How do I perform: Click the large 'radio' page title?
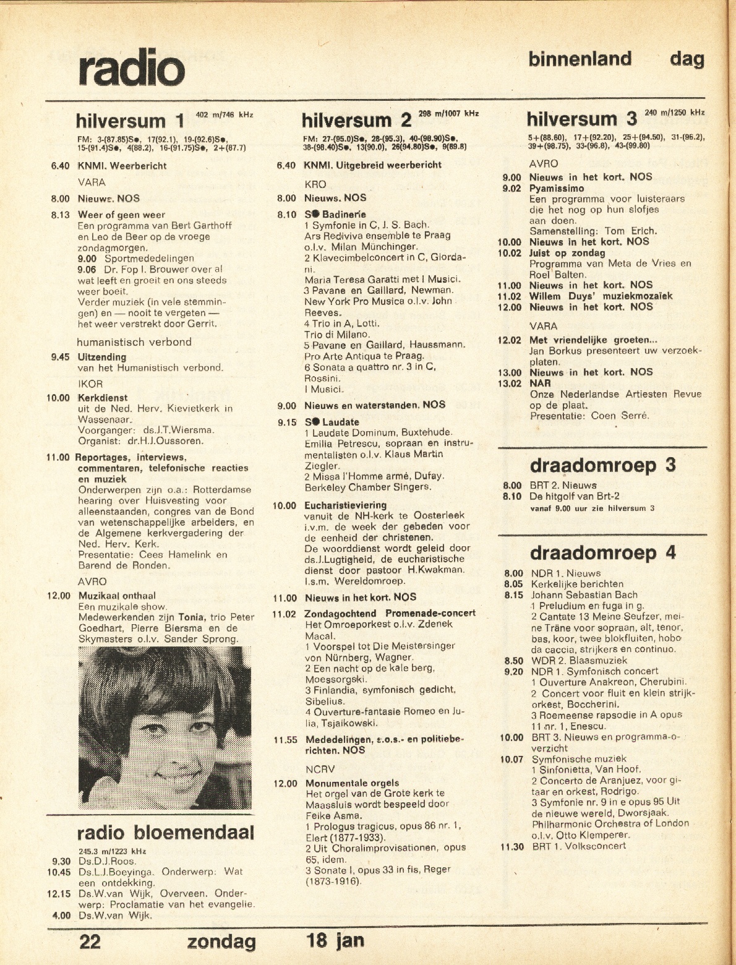click(x=132, y=67)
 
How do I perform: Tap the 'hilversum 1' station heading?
click(x=130, y=120)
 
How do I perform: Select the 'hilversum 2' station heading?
click(x=356, y=120)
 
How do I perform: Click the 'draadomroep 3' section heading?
click(x=602, y=465)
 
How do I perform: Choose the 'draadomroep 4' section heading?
click(x=602, y=552)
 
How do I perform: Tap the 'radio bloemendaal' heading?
click(x=166, y=833)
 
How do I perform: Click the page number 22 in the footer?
click(x=90, y=941)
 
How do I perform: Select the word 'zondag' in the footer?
click(x=221, y=942)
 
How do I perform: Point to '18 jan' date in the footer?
click(x=335, y=941)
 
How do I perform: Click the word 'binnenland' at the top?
click(x=580, y=59)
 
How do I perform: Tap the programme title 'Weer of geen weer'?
click(x=121, y=215)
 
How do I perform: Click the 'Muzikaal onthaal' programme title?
click(x=117, y=596)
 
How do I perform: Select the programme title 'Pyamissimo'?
click(x=556, y=188)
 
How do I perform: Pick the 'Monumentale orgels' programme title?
click(x=351, y=783)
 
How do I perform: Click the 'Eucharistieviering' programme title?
click(x=345, y=505)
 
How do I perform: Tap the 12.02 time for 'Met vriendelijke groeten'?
click(x=509, y=340)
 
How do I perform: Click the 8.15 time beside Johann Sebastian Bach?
click(x=513, y=595)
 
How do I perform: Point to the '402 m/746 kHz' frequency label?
click(x=225, y=114)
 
